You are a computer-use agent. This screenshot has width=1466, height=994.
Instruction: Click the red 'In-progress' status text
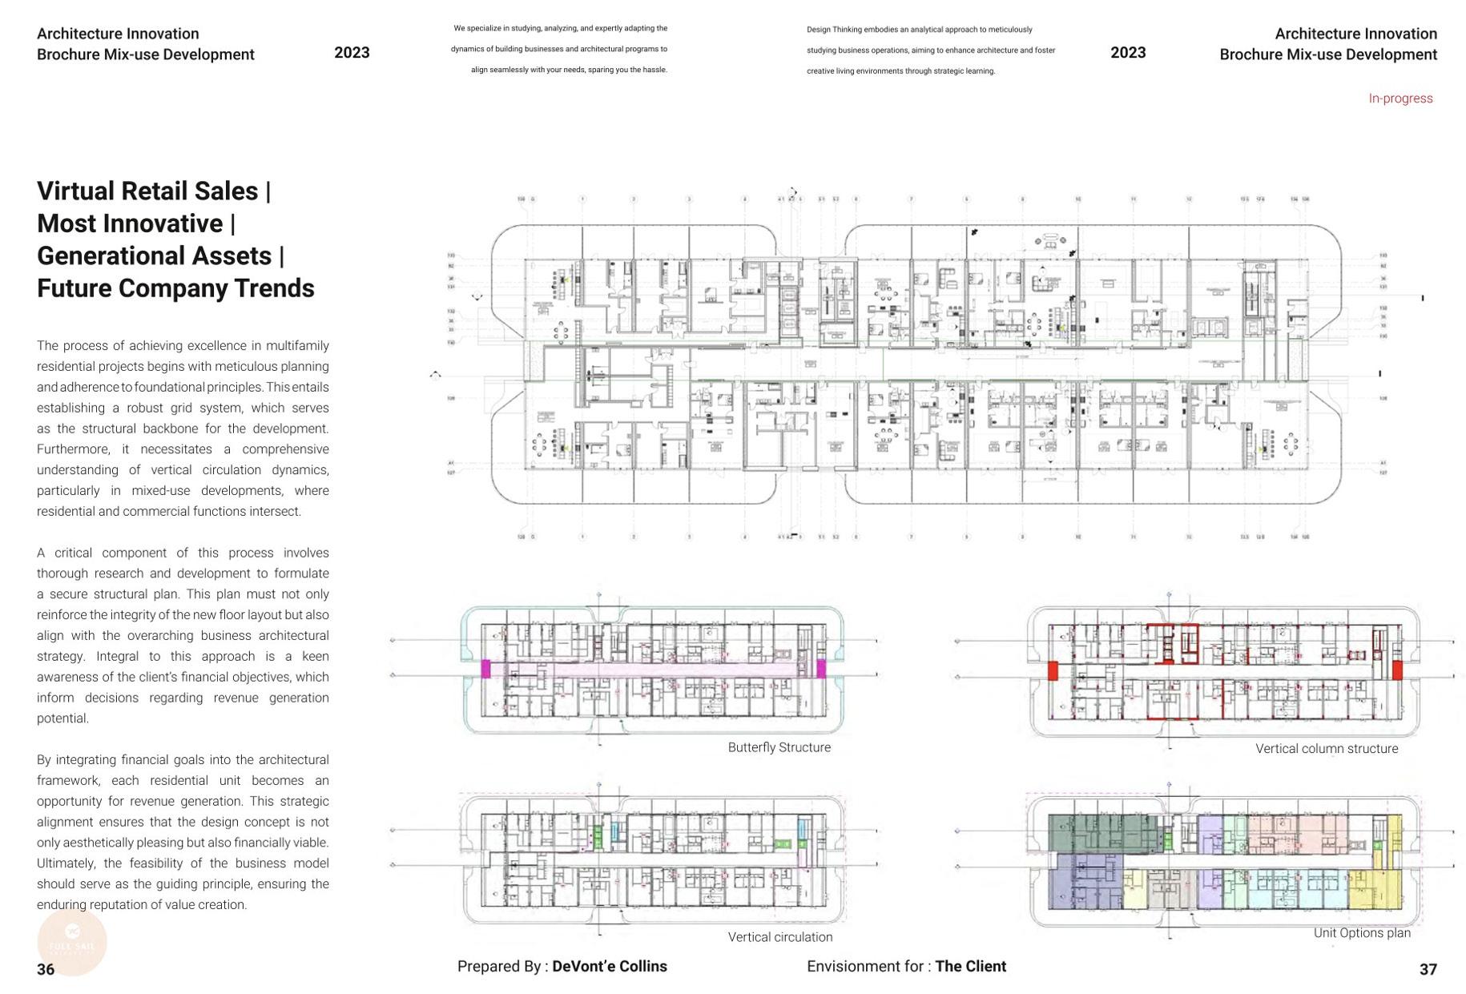point(1400,99)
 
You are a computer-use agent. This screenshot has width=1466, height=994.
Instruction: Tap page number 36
point(46,969)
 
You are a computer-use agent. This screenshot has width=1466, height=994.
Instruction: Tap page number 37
point(1428,969)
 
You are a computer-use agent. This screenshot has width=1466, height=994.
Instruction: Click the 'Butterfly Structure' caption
point(779,747)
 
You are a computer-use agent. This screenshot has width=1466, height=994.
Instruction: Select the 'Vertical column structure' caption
point(1326,749)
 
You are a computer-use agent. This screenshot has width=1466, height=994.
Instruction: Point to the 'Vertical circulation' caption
point(779,937)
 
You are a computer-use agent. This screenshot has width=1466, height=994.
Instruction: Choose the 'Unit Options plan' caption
point(1361,933)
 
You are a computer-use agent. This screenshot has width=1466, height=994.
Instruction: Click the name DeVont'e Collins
point(609,967)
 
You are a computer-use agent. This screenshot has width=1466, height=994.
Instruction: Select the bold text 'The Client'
point(970,967)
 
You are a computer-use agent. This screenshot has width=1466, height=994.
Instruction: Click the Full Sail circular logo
point(72,942)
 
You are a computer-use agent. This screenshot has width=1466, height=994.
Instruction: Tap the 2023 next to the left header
point(352,53)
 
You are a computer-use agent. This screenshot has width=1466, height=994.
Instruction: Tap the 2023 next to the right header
point(1128,53)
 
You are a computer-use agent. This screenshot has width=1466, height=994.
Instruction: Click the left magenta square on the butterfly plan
point(485,669)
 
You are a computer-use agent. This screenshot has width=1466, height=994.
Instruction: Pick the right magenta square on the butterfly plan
point(821,669)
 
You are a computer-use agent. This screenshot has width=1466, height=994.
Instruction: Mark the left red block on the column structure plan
point(1053,670)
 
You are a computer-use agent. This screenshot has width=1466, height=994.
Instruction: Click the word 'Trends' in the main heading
point(274,288)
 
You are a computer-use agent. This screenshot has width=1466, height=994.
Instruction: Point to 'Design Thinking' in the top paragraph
point(834,30)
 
